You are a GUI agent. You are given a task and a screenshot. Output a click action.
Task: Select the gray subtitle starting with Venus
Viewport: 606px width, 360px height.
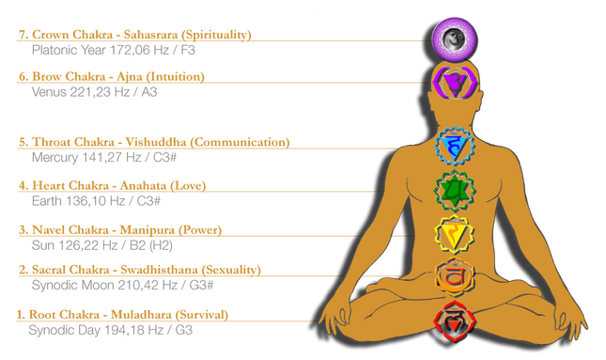pos(85,92)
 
